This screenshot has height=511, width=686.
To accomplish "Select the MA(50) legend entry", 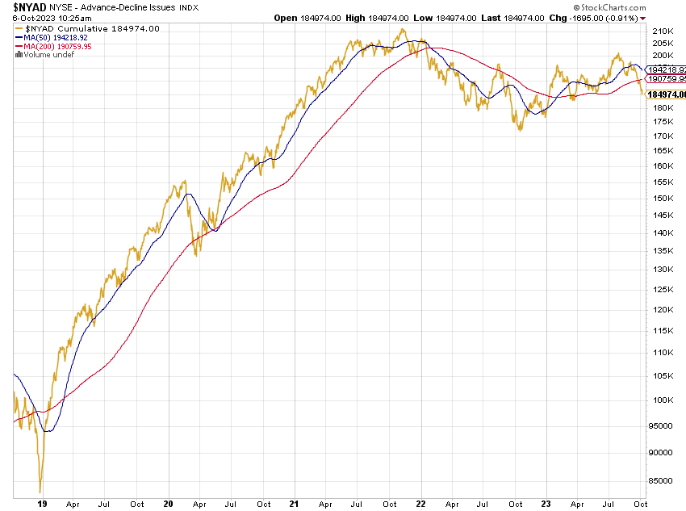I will point(48,38).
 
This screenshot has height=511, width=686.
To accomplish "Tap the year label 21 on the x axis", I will point(295,504).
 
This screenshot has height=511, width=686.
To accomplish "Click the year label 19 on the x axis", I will point(41,504).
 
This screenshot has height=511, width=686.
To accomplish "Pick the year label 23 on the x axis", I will point(546,504).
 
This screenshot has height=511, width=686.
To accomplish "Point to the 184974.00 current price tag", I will point(667,94).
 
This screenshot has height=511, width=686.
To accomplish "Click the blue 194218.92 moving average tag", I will point(666,70).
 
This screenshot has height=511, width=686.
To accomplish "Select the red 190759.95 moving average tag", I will point(666,79).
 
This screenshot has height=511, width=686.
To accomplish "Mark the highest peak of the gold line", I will point(402,30).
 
